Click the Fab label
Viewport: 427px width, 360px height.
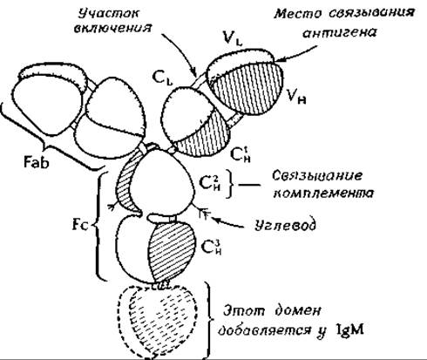pyautogui.click(x=37, y=161)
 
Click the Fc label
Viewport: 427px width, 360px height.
pyautogui.click(x=80, y=225)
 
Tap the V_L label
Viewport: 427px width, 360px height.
pyautogui.click(x=232, y=38)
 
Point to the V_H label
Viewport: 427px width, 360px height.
pyautogui.click(x=296, y=96)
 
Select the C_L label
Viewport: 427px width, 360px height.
pyautogui.click(x=162, y=78)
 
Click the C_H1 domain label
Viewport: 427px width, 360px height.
pyautogui.click(x=241, y=154)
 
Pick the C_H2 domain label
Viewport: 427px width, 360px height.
pyautogui.click(x=210, y=182)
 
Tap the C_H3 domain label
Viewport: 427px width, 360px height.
pyautogui.click(x=211, y=247)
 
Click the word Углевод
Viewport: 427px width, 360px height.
pyautogui.click(x=285, y=225)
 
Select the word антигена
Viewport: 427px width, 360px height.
pyautogui.click(x=339, y=32)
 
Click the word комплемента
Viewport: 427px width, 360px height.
pyautogui.click(x=323, y=193)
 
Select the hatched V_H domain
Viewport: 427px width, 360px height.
pyautogui.click(x=247, y=89)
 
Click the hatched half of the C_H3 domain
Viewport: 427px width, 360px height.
pyautogui.click(x=171, y=250)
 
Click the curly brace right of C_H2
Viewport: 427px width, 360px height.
pyautogui.click(x=231, y=184)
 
